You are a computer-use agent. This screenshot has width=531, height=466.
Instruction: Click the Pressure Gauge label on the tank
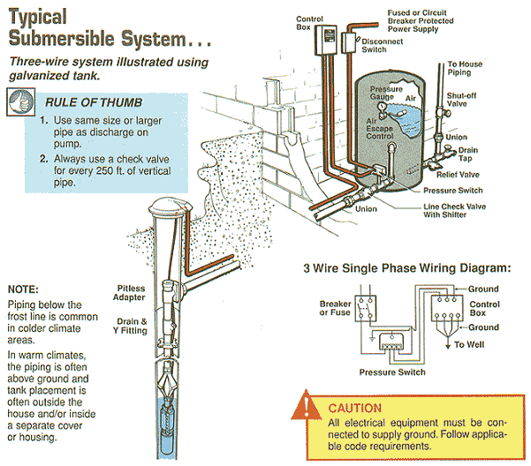click(386, 94)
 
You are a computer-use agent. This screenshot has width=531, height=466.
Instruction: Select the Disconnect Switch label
click(382, 45)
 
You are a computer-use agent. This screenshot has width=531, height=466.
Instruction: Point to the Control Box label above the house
click(309, 22)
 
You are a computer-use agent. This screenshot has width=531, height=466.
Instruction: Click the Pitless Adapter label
click(130, 293)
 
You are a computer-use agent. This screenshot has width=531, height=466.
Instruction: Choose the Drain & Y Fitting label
click(132, 326)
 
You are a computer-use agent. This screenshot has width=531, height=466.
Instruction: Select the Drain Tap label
click(467, 156)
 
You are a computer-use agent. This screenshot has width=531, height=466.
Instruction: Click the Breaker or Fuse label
click(336, 308)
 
